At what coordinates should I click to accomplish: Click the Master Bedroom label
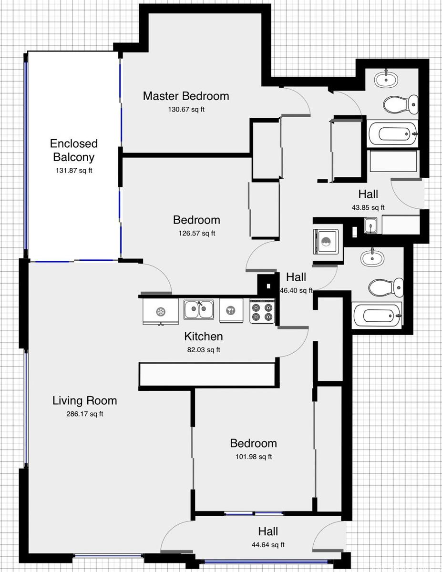[186, 96]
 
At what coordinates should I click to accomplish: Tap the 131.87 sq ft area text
[74, 171]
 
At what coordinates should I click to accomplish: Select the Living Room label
[85, 400]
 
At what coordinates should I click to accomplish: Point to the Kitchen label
[204, 337]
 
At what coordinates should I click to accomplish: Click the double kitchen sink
[199, 309]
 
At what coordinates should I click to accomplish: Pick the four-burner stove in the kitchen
[262, 311]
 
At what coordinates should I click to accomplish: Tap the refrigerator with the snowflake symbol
[161, 312]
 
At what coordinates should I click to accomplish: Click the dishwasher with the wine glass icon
[231, 310]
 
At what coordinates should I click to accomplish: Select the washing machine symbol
[326, 242]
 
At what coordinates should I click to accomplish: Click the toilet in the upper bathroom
[401, 105]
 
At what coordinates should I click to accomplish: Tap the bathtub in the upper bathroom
[392, 133]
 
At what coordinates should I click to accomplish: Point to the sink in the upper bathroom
[386, 79]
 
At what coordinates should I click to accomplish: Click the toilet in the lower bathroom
[386, 287]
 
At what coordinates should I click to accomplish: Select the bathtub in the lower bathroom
[377, 316]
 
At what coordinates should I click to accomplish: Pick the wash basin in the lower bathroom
[372, 257]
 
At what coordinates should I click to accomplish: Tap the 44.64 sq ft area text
[268, 545]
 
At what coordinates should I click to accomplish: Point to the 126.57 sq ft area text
[197, 233]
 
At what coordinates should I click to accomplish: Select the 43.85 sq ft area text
[368, 207]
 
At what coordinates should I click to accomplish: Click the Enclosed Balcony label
[74, 150]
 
